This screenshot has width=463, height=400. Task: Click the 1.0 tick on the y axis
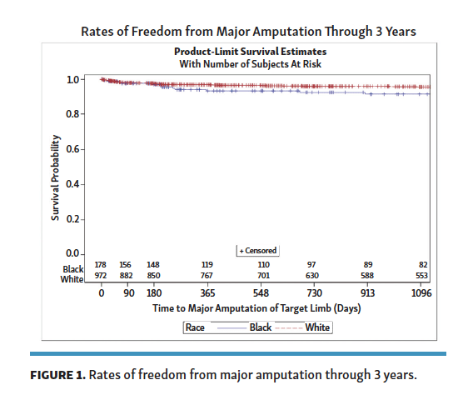pyautogui.click(x=73, y=80)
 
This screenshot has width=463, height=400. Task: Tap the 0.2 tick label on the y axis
pyautogui.click(x=73, y=218)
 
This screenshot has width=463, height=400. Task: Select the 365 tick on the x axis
pyautogui.click(x=207, y=293)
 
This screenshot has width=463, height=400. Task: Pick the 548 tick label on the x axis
pyautogui.click(x=261, y=293)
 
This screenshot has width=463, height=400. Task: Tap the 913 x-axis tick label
pyautogui.click(x=368, y=293)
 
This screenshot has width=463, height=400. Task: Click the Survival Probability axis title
pyautogui.click(x=55, y=177)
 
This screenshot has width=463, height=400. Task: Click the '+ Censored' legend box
pyautogui.click(x=258, y=250)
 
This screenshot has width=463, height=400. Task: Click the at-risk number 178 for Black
pyautogui.click(x=101, y=264)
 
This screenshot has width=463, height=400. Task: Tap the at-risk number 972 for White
pyautogui.click(x=101, y=275)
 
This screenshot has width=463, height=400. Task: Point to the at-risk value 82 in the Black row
pyautogui.click(x=423, y=264)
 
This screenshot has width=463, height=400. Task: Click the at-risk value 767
pyautogui.click(x=207, y=275)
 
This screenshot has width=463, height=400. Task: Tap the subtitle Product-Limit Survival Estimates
pyautogui.click(x=251, y=52)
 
